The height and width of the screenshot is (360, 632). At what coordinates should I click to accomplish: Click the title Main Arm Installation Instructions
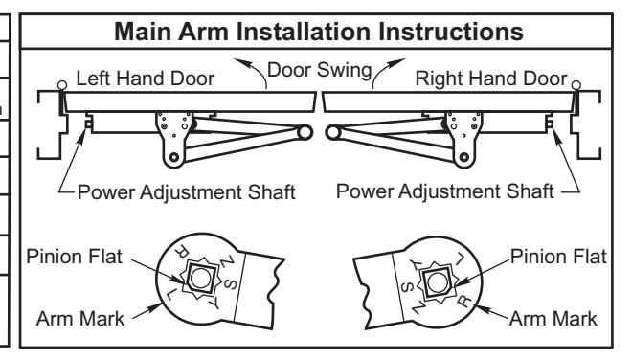point(319,32)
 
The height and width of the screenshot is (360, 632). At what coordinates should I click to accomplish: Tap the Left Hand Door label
point(146,79)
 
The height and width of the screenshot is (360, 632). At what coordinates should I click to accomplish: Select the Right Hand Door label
point(491,79)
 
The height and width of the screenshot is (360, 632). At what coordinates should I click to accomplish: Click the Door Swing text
point(319,70)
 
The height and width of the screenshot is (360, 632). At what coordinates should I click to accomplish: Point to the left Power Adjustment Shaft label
point(186,191)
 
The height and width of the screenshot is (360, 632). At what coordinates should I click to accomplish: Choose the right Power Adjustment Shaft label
point(444,191)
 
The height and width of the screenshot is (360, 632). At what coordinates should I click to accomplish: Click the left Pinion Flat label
point(74,257)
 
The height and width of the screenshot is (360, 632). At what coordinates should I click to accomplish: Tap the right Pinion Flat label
point(558,257)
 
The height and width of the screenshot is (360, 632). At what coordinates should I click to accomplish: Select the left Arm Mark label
point(80,319)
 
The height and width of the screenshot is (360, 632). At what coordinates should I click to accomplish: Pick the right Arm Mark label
point(553,319)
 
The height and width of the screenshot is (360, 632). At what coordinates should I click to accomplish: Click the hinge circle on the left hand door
point(62,85)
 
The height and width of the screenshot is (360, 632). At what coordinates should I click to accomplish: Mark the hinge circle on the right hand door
point(576,85)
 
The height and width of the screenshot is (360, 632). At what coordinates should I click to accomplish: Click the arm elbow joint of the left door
point(305,132)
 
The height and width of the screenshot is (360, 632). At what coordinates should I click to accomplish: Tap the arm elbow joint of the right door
point(333,132)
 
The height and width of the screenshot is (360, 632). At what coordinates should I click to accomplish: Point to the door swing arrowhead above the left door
point(240,63)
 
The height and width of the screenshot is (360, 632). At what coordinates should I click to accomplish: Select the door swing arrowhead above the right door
point(398,62)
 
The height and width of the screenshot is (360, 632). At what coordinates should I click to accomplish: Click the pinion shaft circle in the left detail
point(200,279)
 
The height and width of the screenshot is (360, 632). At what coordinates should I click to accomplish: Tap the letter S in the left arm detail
point(230,283)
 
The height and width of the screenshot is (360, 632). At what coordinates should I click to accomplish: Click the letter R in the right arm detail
point(464,301)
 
